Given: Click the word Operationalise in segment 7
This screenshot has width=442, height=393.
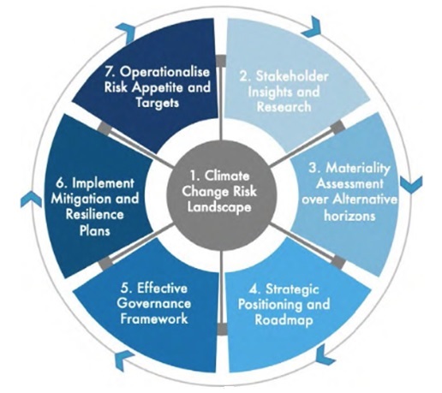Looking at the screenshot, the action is (x=164, y=73).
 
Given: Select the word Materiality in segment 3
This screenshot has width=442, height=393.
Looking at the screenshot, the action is (x=358, y=169).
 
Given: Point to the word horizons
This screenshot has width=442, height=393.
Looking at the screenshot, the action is (x=349, y=216).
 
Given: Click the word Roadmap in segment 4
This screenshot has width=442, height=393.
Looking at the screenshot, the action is (x=284, y=320).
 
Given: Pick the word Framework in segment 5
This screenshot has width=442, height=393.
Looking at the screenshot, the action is (x=154, y=319).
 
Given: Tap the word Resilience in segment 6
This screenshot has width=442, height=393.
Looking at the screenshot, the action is (x=94, y=214).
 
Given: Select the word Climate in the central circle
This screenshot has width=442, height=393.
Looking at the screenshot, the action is (x=227, y=176).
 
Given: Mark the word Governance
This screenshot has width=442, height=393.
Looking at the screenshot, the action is (x=154, y=303).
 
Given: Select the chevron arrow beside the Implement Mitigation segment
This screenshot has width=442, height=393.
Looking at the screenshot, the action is (x=31, y=199).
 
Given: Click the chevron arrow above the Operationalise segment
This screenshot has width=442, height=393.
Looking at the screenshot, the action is (x=126, y=33).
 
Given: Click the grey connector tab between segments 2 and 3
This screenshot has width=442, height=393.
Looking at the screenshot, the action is (x=337, y=126).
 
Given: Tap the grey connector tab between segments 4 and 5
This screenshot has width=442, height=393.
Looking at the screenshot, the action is (x=221, y=329).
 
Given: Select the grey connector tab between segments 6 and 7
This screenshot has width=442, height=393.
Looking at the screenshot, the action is (x=104, y=127).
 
